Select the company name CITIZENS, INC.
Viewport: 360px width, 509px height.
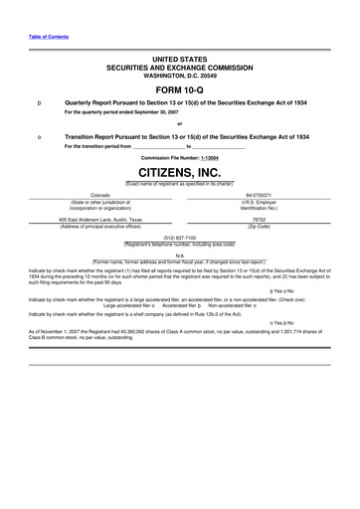pyautogui.click(x=179, y=171)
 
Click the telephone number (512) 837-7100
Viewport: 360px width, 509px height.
pyautogui.click(x=179, y=238)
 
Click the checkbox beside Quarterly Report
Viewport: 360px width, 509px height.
pyautogui.click(x=37, y=101)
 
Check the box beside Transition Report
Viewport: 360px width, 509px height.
pyautogui.click(x=37, y=135)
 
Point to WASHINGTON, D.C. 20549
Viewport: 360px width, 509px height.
pyautogui.click(x=179, y=73)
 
